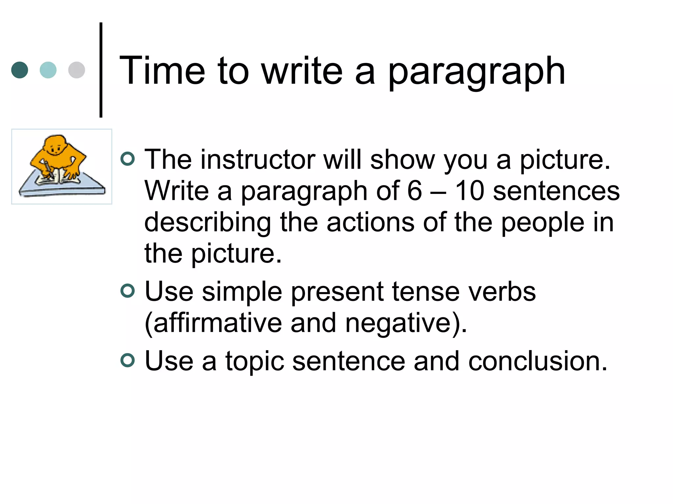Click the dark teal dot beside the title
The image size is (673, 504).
[20, 70]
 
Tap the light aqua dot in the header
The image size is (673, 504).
[48, 70]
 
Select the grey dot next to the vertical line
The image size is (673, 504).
[77, 70]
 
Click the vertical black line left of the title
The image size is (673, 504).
[101, 70]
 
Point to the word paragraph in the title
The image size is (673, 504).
[476, 72]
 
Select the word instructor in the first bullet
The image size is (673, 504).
[258, 159]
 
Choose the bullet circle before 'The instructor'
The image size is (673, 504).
[128, 159]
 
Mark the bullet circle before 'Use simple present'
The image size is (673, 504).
[128, 291]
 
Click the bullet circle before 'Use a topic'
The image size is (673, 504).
[128, 360]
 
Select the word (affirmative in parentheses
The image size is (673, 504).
[213, 323]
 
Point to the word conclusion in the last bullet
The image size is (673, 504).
[538, 361]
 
